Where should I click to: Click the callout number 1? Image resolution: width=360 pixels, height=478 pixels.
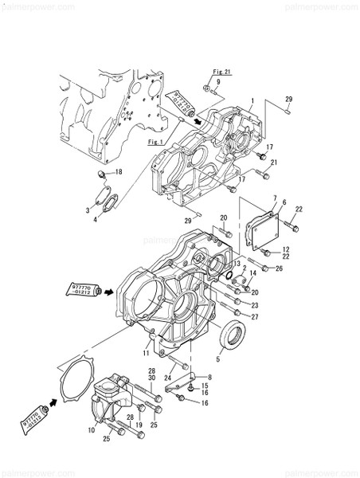pos(252,101)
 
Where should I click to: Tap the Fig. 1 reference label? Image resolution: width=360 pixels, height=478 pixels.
pos(156,142)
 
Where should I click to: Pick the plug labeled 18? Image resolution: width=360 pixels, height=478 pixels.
pos(100,173)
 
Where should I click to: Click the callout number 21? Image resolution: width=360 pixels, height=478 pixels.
pos(273,163)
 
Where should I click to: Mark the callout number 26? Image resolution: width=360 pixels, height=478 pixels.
pos(279,268)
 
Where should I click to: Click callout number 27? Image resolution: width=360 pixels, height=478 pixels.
pos(255,316)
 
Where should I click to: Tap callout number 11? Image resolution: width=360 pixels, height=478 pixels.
pos(146,351)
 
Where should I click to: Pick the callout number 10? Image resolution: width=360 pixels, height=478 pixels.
pos(92,430)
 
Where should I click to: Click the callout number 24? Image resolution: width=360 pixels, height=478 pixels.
pos(169,378)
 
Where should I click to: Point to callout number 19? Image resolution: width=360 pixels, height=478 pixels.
pos(139,425)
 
